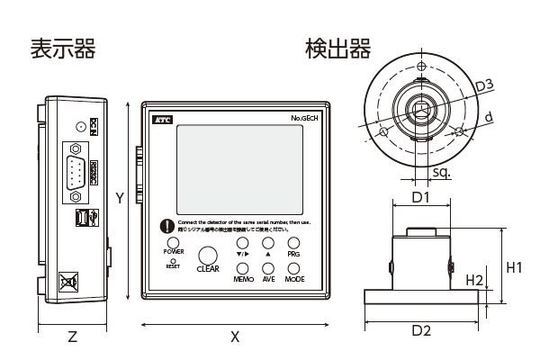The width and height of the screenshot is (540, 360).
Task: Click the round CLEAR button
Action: [x=208, y=256]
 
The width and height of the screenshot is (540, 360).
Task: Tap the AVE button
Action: [x=268, y=266]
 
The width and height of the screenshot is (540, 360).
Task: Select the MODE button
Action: [x=294, y=266]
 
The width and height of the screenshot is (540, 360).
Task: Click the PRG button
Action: [x=294, y=244]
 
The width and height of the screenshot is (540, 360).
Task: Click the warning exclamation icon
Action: [x=166, y=227]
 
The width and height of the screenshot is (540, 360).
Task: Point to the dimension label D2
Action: [x=421, y=331]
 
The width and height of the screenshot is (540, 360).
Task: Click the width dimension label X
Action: [x=235, y=337]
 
